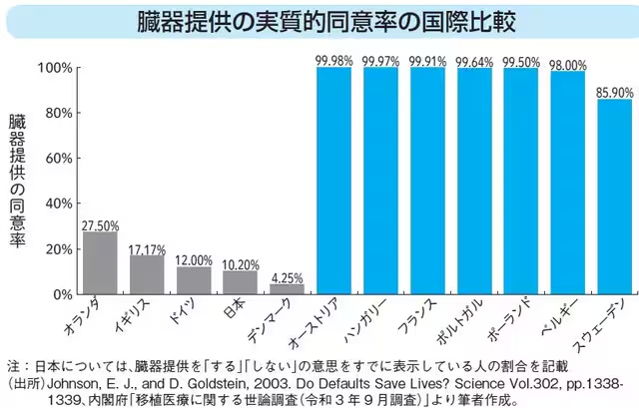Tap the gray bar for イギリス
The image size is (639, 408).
tap(148, 275)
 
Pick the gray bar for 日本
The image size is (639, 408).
tap(241, 283)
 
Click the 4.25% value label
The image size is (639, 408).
tap(288, 278)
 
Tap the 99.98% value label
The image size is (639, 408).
tap(334, 62)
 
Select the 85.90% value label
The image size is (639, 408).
tap(615, 91)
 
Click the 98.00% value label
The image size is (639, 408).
tap(568, 65)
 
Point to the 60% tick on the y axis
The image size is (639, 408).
tap(57, 159)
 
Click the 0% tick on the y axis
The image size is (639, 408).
tap(62, 295)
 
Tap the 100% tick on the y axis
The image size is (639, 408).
tap(54, 68)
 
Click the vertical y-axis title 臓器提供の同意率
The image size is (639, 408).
tap(17, 180)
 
